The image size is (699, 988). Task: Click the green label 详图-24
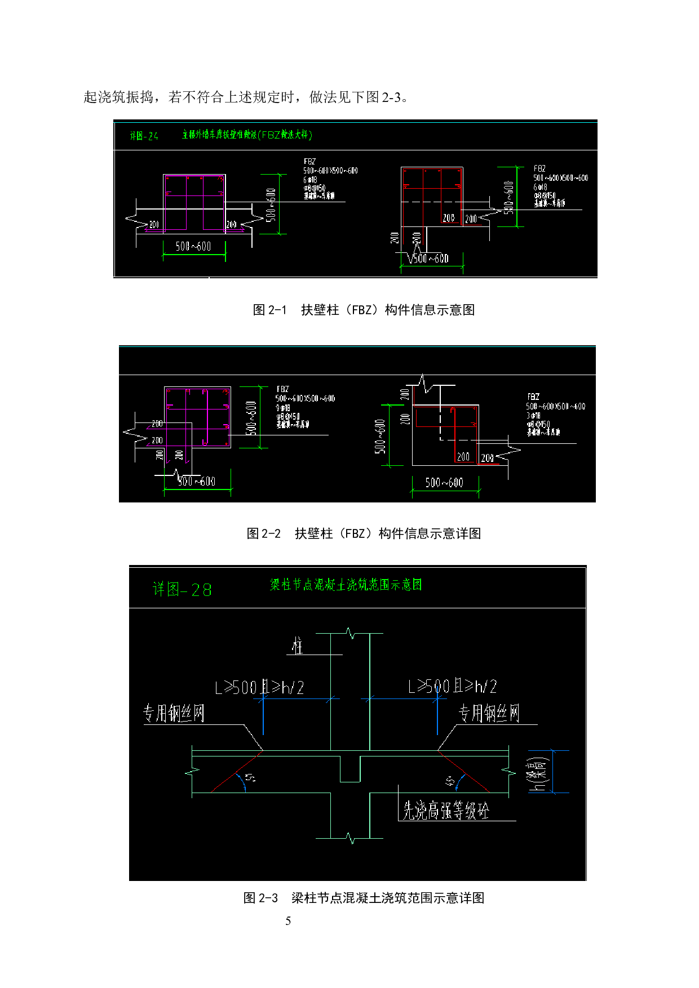[144, 136]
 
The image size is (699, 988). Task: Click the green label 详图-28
[182, 590]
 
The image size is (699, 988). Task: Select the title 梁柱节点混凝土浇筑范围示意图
[346, 585]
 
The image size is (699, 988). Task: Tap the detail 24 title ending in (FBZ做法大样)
[247, 135]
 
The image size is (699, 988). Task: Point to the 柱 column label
[297, 646]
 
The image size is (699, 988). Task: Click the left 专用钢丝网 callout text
[174, 714]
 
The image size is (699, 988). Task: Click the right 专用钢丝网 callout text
[489, 714]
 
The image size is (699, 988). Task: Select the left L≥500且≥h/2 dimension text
[260, 688]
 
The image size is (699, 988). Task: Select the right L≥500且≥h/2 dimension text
[453, 686]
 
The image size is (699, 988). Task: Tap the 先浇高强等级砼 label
[445, 811]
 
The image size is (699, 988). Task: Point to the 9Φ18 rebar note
[283, 407]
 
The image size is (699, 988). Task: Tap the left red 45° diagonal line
[237, 772]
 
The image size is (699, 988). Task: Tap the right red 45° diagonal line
[463, 772]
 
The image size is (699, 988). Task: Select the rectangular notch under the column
[350, 769]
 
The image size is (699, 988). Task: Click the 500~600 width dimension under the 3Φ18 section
[444, 483]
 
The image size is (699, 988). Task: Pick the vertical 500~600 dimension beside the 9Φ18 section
[252, 418]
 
